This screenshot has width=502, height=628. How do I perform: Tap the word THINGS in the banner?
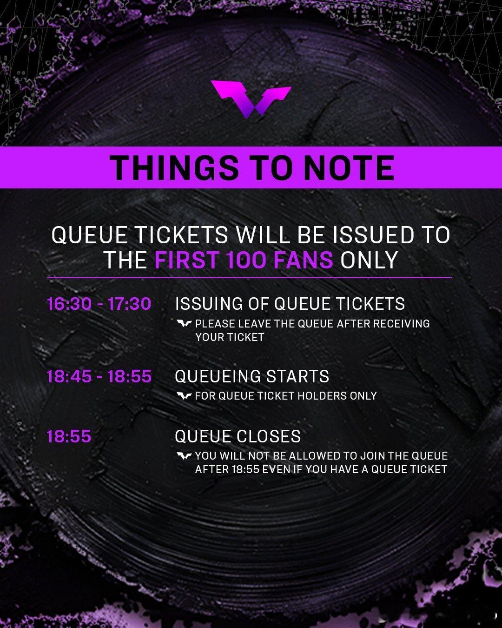click(x=174, y=168)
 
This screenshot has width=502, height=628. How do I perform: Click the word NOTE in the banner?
click(x=349, y=168)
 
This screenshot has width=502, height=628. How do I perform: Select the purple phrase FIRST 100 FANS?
click(x=244, y=260)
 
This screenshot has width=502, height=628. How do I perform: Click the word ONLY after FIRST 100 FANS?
click(x=369, y=260)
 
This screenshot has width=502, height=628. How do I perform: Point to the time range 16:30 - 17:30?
click(x=99, y=304)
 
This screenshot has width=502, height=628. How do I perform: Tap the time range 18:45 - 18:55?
click(x=99, y=376)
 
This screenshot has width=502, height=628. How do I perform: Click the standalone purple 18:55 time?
click(x=69, y=436)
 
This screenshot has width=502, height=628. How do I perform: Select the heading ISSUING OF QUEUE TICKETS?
click(x=290, y=304)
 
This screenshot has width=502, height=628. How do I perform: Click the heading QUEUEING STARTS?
click(x=252, y=376)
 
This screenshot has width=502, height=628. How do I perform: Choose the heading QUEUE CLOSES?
click(x=238, y=436)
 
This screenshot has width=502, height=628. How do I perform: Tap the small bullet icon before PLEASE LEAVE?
click(x=184, y=323)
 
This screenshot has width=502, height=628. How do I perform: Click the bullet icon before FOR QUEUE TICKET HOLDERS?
click(x=184, y=396)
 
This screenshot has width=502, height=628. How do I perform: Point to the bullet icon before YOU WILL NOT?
click(x=184, y=456)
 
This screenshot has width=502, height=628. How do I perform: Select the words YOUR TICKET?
click(x=230, y=337)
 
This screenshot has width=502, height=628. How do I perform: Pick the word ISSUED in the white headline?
click(x=373, y=235)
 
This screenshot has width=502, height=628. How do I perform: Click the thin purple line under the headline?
click(x=249, y=278)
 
